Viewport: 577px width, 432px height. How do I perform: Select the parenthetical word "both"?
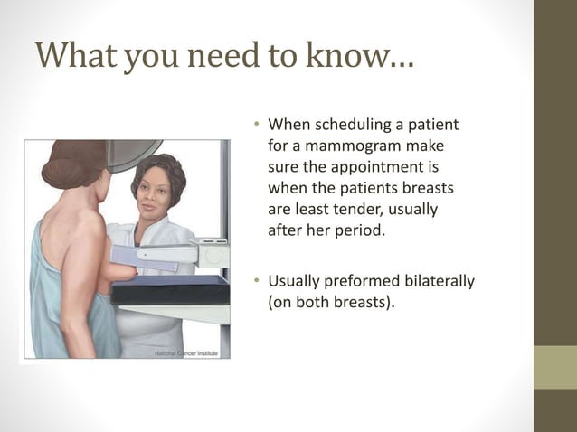tap(327, 302)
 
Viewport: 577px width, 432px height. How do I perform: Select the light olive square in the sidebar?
tap(555, 367)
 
